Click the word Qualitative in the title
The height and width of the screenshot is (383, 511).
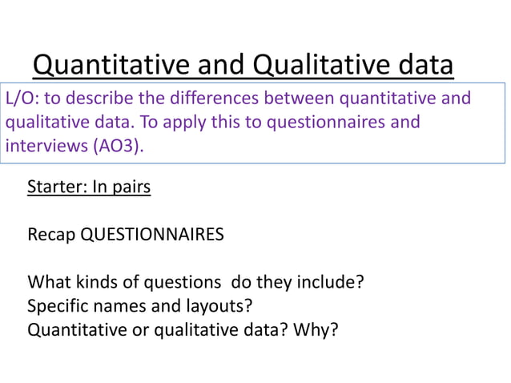click(320, 64)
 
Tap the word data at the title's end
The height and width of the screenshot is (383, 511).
click(424, 64)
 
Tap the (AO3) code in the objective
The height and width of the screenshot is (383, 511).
click(122, 147)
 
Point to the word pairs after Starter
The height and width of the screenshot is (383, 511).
click(131, 187)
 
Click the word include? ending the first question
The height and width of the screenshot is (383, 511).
click(334, 282)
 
